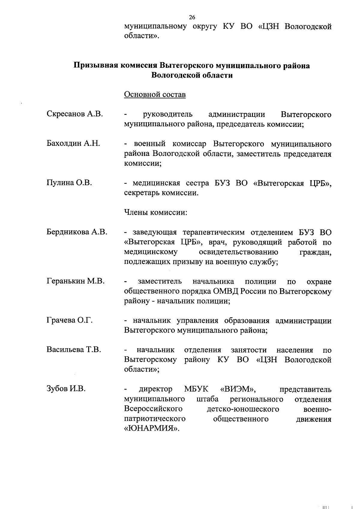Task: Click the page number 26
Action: pos(192,17)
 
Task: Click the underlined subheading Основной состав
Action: pos(155,94)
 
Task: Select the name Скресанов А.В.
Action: pos(75,114)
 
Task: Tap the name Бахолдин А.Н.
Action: pos(73,143)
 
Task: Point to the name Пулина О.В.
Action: pos(69,182)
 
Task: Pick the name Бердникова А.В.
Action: pos(77,232)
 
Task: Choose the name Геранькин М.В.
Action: pos(76,281)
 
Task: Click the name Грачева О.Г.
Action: pos(70,320)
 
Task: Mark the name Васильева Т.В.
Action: pos(74,350)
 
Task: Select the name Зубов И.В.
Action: pos(66,389)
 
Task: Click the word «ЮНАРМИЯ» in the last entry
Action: pos(151,428)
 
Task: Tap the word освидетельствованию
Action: pos(238,252)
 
